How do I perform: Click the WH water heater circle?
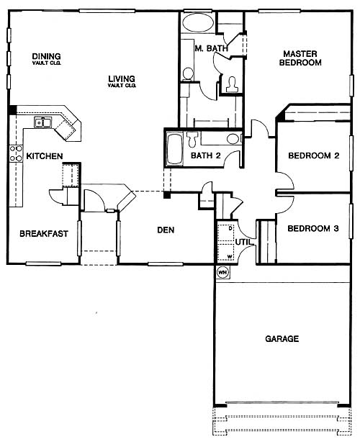(x=222, y=272)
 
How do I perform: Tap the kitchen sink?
(x=43, y=122)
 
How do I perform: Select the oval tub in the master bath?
(x=197, y=23)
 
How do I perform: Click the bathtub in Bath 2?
(x=175, y=150)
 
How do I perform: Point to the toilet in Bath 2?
(x=192, y=139)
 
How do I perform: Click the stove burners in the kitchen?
(x=16, y=153)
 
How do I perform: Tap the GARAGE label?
(x=282, y=338)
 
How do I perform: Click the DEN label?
(x=166, y=230)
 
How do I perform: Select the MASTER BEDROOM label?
(x=300, y=58)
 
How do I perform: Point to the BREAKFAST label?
(x=44, y=233)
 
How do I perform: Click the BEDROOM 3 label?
(x=313, y=228)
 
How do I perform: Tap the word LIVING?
(x=122, y=78)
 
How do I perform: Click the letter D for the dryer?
(x=230, y=228)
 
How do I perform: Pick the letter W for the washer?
(x=230, y=257)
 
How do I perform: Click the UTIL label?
(x=243, y=242)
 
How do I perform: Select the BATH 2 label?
(x=205, y=155)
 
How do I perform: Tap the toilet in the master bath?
(x=233, y=85)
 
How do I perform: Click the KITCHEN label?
(x=45, y=156)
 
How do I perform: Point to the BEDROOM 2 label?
(x=313, y=155)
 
